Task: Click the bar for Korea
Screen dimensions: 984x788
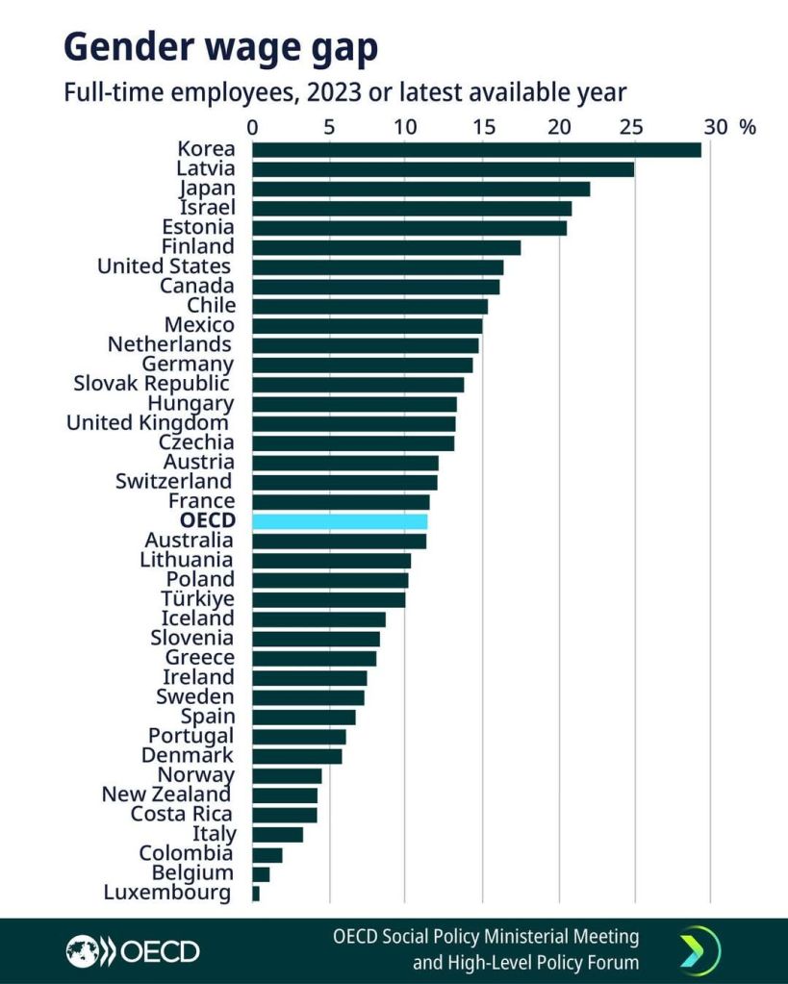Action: pos(476,149)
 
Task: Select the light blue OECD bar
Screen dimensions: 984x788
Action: pos(340,521)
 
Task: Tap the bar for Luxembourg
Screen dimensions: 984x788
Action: pos(256,894)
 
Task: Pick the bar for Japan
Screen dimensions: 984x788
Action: pos(420,189)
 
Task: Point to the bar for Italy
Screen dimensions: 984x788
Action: pos(277,835)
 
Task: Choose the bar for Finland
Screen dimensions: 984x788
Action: pos(386,247)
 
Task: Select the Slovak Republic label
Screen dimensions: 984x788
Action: pos(153,384)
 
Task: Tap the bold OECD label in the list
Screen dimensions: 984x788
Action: pos(201,521)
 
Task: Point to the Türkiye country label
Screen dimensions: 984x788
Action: pos(197,599)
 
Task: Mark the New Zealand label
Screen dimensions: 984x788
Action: pos(166,795)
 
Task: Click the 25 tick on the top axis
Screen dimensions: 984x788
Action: pos(630,127)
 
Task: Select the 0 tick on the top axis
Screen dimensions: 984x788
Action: pos(252,127)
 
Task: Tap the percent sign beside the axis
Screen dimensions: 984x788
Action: pos(748,127)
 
